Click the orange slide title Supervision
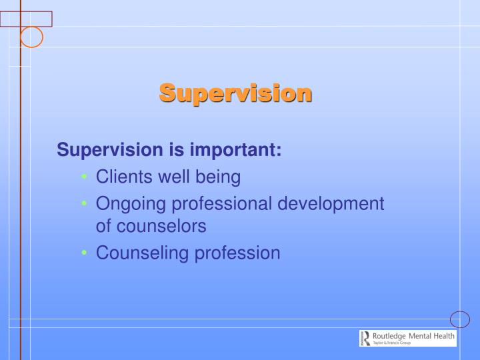235,93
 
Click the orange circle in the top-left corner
31,37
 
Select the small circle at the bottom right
460,319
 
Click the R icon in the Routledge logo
365,338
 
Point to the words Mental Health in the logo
431,336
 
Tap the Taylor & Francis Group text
392,343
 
